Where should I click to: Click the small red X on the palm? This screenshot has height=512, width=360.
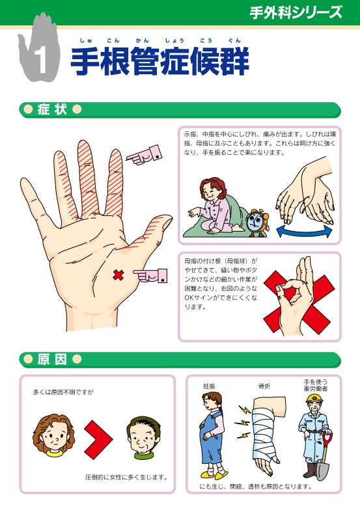118,275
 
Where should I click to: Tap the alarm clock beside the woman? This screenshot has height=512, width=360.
257,222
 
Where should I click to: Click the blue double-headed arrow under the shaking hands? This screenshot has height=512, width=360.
304,231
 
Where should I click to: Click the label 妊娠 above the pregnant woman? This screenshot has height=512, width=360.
209,386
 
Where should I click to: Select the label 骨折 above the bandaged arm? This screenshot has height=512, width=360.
264,386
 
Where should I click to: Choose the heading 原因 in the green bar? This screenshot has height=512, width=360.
52,360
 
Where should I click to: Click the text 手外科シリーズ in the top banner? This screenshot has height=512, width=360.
296,12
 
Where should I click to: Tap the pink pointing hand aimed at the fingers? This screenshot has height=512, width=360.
144,155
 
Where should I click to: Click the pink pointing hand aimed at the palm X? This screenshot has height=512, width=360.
150,275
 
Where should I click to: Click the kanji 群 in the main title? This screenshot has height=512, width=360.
234,61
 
